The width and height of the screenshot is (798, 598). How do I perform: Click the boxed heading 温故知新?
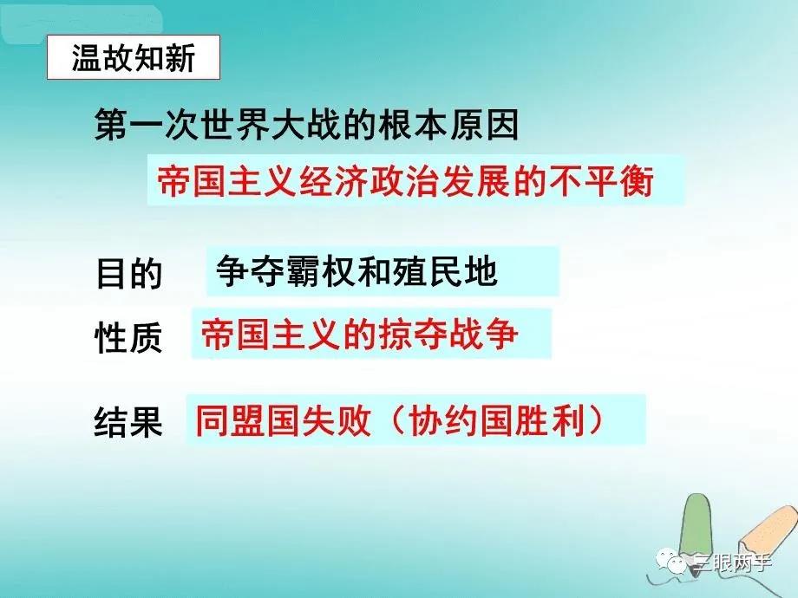tap(134, 57)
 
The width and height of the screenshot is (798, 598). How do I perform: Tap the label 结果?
tap(128, 421)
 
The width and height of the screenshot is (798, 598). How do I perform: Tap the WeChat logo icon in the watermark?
tap(670, 561)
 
